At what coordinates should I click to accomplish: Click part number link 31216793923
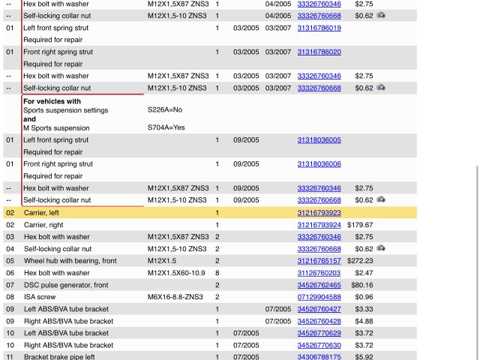click(319, 213)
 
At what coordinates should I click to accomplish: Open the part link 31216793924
click(319, 225)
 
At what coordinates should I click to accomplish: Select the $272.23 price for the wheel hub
click(360, 261)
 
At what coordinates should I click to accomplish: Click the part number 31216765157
click(319, 261)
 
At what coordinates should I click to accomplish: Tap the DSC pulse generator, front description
click(66, 285)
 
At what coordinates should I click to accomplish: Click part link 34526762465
click(319, 285)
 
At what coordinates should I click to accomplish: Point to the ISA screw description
click(40, 297)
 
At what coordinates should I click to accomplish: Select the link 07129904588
click(319, 297)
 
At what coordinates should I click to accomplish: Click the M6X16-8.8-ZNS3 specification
click(175, 297)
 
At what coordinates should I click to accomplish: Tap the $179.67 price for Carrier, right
click(360, 225)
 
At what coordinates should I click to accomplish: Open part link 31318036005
click(319, 140)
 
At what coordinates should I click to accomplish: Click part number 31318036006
click(319, 164)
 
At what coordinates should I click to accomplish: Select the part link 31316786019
click(319, 28)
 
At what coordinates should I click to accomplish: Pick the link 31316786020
click(319, 52)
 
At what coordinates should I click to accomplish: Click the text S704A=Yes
click(166, 128)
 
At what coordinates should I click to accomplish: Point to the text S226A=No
click(165, 110)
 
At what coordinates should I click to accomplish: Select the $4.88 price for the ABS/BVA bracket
click(364, 321)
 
